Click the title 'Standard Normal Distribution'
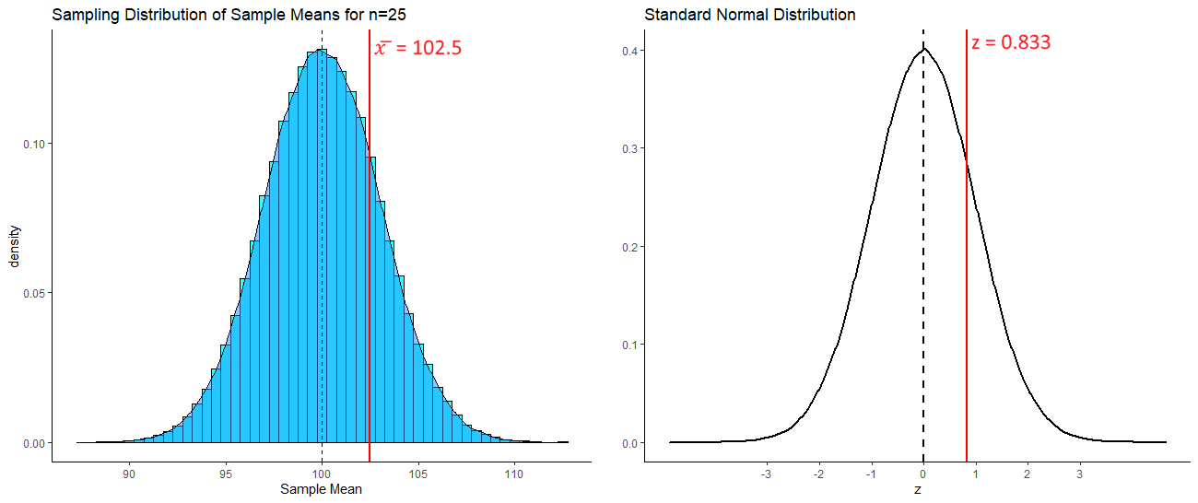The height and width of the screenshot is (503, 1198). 750,15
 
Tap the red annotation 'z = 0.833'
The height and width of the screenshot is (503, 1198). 1011,42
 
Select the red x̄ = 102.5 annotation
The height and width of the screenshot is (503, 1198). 417,48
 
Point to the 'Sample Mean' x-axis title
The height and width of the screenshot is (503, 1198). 321,489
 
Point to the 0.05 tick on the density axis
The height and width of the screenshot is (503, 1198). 29,293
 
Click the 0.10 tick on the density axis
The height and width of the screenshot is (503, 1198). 29,144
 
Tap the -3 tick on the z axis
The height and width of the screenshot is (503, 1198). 766,474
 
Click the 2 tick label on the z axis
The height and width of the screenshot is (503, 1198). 1028,474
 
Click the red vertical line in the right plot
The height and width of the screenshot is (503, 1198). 967,276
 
